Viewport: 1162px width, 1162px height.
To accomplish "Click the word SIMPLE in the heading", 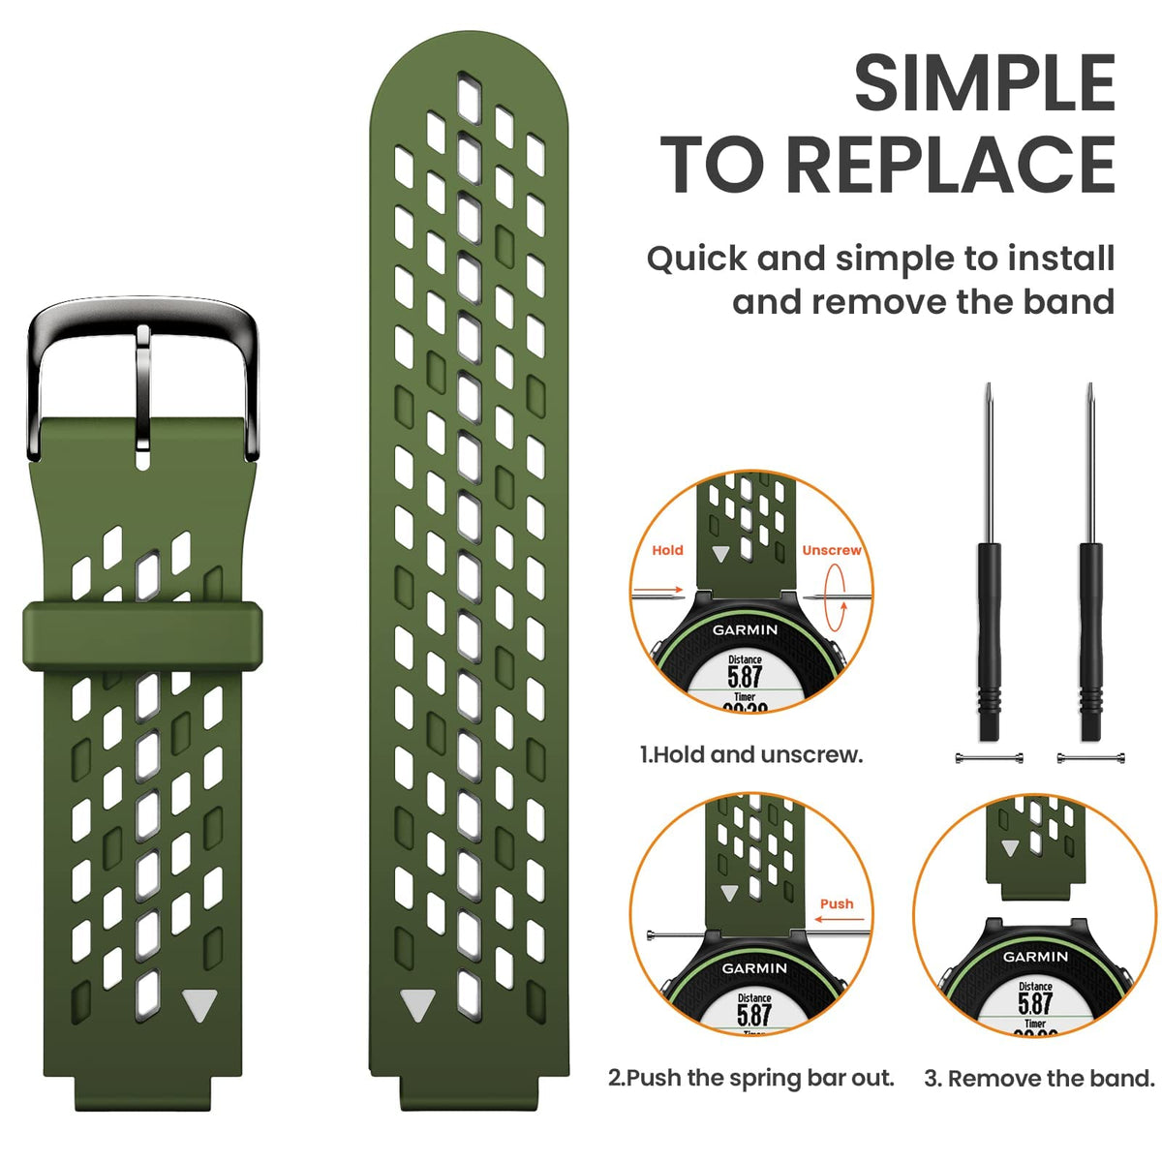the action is coord(984,83).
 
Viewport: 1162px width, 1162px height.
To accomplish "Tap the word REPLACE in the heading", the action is coord(951,164).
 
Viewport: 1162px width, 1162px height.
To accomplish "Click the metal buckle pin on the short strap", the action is coord(143,388).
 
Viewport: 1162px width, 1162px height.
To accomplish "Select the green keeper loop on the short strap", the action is coord(142,635).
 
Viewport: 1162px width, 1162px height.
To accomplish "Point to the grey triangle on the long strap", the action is coord(418,1004).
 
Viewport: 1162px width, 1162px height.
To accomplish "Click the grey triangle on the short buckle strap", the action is coord(199,1005).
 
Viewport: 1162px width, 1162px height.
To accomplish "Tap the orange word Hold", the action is coord(667,550).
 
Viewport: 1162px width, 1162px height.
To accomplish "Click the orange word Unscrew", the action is coord(832,550).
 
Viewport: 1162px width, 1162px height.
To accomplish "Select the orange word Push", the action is coord(837,903).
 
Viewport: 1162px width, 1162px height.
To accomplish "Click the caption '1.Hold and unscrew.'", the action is coord(751,754).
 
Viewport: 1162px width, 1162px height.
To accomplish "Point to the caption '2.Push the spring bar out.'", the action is coord(750,1077).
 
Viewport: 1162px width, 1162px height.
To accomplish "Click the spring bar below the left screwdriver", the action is coord(990,758).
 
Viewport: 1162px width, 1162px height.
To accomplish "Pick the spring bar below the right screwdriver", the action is coord(1091,758).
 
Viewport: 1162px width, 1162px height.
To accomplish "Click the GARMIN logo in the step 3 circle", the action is coord(1035,957).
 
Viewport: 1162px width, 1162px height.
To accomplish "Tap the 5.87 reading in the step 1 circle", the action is coord(745,677).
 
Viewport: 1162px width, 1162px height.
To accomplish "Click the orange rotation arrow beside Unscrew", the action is coord(834,597).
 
